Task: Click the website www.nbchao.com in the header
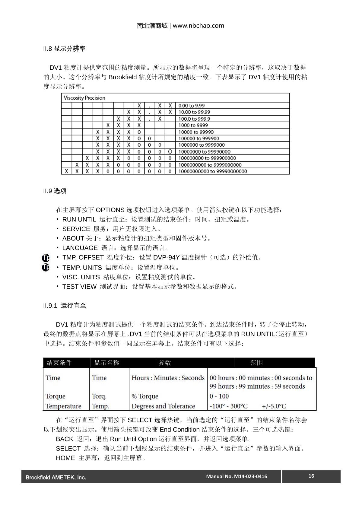tap(198, 26)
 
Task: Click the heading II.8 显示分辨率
tap(64, 49)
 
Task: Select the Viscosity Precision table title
tap(84, 98)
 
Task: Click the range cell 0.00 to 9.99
tap(192, 106)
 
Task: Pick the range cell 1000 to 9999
tap(193, 125)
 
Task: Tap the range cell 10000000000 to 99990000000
tap(213, 171)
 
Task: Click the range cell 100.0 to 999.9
tap(194, 119)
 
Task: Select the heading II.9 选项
tap(55, 191)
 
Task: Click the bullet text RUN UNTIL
tap(79, 219)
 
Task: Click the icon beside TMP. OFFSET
tap(46, 258)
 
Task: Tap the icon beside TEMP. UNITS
tap(46, 268)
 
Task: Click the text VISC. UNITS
tap(81, 277)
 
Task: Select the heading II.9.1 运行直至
tap(65, 306)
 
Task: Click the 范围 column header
tap(256, 363)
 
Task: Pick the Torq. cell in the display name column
tap(99, 396)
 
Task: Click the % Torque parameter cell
tap(145, 396)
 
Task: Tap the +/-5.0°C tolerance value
tap(274, 406)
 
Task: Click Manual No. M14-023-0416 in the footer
tap(237, 476)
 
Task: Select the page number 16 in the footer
tap(311, 476)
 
